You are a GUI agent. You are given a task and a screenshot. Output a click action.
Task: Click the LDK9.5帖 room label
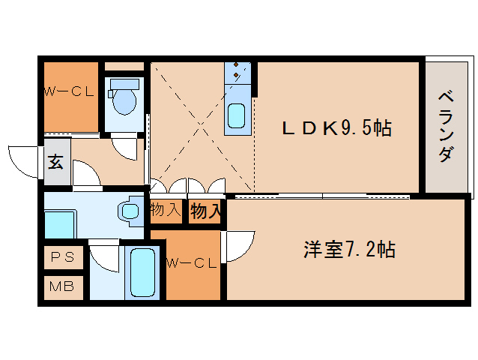click(336, 128)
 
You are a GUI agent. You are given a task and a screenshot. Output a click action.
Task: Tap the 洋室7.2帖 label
click(348, 249)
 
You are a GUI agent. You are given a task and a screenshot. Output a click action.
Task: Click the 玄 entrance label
click(56, 161)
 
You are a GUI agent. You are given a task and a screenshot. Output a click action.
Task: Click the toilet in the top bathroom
click(122, 97)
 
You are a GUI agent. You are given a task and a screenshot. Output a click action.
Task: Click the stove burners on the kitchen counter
click(238, 72)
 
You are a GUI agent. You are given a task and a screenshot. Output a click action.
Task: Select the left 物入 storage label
click(166, 209)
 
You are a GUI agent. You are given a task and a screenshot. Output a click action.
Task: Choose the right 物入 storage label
click(205, 211)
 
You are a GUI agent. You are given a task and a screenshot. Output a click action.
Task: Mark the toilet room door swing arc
click(124, 145)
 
